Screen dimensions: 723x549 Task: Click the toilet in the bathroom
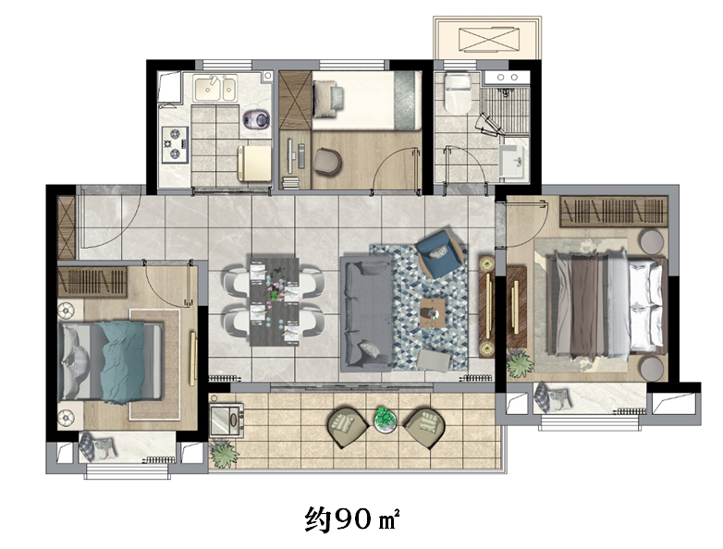(x=457, y=92)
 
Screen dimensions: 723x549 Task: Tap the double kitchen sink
(x=215, y=89)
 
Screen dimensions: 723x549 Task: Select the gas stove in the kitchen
(x=175, y=144)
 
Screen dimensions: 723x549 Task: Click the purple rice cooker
(x=256, y=119)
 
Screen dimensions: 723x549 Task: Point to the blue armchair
(x=438, y=252)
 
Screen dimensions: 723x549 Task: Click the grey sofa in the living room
(x=366, y=314)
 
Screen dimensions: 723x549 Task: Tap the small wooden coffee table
(x=433, y=313)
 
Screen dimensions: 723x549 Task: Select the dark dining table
(x=275, y=302)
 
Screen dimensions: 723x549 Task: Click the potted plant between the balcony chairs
(x=385, y=419)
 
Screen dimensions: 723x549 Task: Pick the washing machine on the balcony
(x=227, y=420)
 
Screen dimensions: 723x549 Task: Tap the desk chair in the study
(x=327, y=162)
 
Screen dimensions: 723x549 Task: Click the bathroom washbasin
(x=511, y=161)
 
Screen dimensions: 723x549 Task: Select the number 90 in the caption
(x=353, y=519)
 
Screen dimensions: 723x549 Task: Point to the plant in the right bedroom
(x=521, y=364)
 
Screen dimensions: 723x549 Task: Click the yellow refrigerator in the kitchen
(x=254, y=164)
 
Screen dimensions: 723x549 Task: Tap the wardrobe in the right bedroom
(x=614, y=211)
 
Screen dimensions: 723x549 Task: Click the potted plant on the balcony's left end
(x=225, y=454)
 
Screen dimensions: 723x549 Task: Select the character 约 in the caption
(x=318, y=520)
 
